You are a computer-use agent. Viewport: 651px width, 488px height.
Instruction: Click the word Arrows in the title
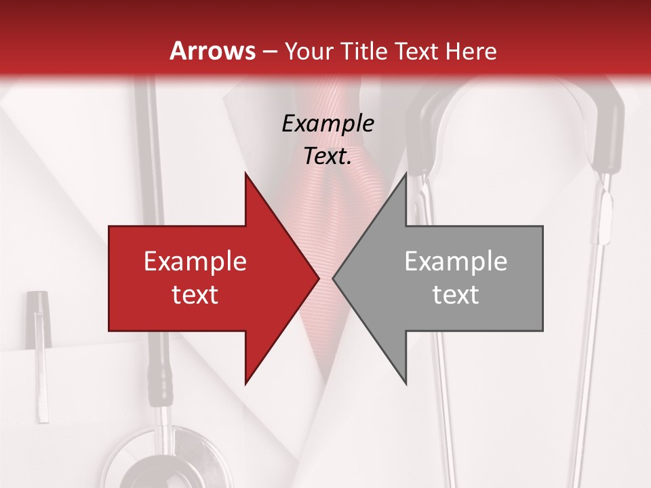[x=212, y=51]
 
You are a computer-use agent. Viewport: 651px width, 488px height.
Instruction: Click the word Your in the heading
[x=309, y=51]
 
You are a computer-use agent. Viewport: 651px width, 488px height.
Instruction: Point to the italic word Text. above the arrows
[x=328, y=157]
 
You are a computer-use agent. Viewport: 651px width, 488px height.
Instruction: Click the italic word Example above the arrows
[x=328, y=124]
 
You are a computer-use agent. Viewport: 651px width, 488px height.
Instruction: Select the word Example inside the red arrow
[x=195, y=262]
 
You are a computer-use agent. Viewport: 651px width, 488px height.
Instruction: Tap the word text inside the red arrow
[x=195, y=294]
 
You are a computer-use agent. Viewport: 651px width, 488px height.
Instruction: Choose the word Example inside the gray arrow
[x=456, y=262]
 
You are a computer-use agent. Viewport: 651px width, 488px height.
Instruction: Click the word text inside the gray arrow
[x=456, y=294]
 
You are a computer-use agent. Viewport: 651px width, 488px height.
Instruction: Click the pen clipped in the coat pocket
[x=39, y=352]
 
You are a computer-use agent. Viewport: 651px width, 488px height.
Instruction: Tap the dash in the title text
[x=269, y=52]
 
